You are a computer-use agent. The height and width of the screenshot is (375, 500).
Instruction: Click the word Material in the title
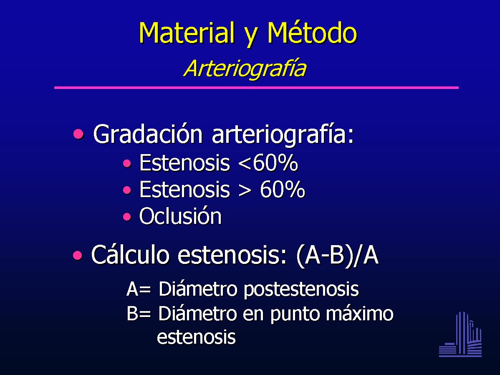coord(186,33)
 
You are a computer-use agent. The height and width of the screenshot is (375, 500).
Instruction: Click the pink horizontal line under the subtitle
coord(256,87)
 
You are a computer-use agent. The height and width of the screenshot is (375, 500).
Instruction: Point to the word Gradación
coord(148,134)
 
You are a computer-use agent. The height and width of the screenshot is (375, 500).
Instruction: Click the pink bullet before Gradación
coord(78,134)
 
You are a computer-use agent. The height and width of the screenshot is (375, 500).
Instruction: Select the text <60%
coord(268,163)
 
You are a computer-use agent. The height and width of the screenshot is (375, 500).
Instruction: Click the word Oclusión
coord(180,216)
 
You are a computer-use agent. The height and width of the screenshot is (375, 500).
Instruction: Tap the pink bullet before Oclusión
coord(127,217)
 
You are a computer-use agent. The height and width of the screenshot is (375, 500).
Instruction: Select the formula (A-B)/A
coord(337,255)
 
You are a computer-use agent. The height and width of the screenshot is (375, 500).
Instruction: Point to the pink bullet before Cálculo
coord(78,255)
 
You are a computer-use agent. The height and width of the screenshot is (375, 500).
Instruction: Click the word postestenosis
coord(301,290)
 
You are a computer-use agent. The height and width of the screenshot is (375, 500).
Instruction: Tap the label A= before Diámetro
coord(139,289)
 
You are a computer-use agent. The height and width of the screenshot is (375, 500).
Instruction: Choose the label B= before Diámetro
coord(139,313)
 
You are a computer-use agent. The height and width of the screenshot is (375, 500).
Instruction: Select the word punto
coord(295,314)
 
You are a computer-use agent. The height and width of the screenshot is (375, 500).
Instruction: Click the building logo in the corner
coord(460,334)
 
